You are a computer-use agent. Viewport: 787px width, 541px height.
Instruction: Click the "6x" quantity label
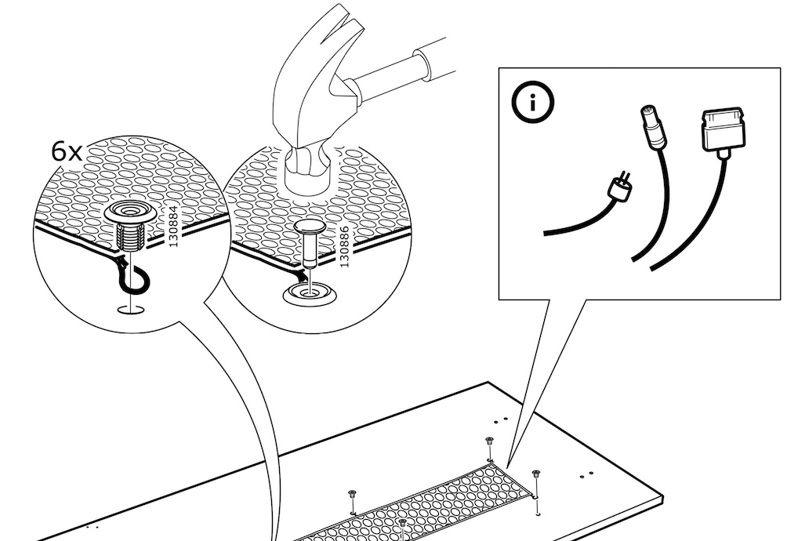[x=67, y=151]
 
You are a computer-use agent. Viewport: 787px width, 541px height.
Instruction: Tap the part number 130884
[x=173, y=227]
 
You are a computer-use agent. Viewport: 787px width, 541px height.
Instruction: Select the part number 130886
[x=344, y=246]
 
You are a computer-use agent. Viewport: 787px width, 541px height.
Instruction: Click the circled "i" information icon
[x=533, y=103]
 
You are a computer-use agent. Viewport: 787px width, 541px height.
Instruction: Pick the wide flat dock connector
[x=723, y=129]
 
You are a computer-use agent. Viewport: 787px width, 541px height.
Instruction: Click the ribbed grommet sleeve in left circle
[x=129, y=237]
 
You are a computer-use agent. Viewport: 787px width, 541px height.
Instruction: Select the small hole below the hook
[x=130, y=309]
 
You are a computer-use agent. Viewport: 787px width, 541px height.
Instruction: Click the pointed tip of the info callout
[x=507, y=469]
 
